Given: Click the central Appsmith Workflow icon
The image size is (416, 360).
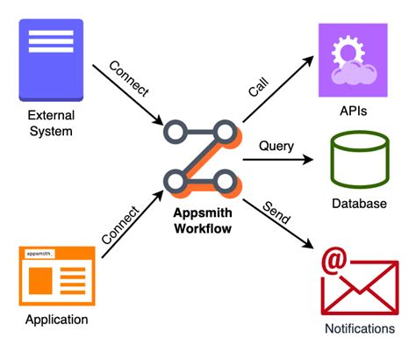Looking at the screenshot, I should pyautogui.click(x=203, y=157).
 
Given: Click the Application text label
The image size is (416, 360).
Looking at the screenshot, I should pyautogui.click(x=57, y=320).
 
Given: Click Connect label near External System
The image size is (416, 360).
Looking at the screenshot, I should pyautogui.click(x=127, y=81).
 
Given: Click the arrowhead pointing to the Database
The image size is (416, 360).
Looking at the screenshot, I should pyautogui.click(x=309, y=161).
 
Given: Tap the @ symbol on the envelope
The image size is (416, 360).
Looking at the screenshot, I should pyautogui.click(x=334, y=263).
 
